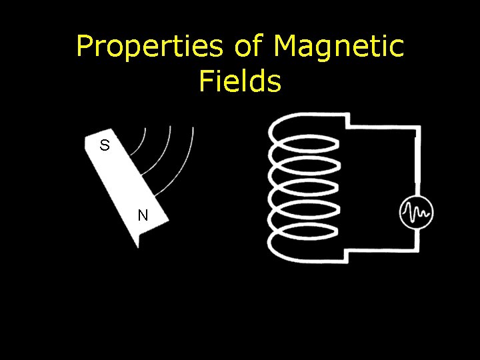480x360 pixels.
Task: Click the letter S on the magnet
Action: tap(105, 145)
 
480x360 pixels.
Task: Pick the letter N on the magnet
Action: tap(143, 215)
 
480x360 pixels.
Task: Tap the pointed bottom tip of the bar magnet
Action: tap(139, 245)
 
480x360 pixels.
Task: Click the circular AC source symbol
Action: tap(417, 213)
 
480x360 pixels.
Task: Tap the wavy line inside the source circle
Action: tap(417, 213)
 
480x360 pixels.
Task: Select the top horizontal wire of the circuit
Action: tap(383, 125)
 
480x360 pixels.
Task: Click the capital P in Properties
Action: tap(85, 47)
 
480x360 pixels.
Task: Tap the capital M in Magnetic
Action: tap(287, 47)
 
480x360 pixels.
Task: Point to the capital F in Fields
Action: tap(206, 81)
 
